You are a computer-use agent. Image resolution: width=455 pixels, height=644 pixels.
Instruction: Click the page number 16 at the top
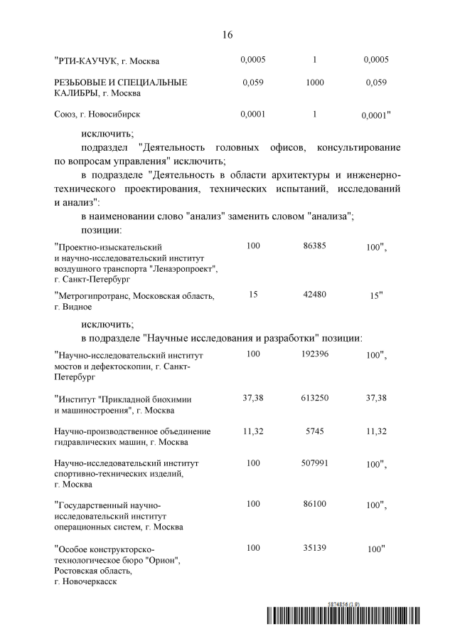tap(227, 34)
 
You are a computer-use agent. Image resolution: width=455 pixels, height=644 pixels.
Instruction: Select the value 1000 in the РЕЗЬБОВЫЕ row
tap(315, 83)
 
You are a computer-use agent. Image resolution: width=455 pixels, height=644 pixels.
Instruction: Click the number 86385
tap(315, 246)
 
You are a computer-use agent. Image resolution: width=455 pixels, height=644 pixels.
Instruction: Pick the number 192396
tap(315, 354)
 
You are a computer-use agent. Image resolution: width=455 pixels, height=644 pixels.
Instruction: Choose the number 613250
tap(315, 398)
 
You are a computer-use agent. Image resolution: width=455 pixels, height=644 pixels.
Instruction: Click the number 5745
tap(315, 431)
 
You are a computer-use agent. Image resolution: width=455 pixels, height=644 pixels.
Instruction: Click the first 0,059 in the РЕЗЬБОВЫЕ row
tap(253, 83)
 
